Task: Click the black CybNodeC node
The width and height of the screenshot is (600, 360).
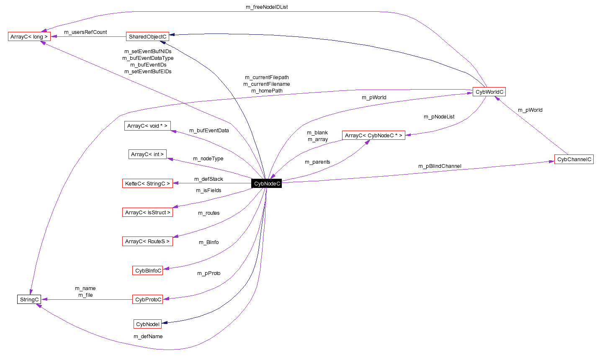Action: [267, 183]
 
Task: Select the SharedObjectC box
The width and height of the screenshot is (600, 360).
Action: [147, 36]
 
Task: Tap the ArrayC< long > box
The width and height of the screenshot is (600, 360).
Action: [29, 36]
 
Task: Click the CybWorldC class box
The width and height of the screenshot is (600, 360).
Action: [489, 92]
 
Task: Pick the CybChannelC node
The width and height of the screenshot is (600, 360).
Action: [574, 159]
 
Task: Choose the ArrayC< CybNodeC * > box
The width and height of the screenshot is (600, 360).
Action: [373, 135]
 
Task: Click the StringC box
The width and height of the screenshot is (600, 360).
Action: [29, 299]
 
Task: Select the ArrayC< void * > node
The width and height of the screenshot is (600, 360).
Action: [147, 126]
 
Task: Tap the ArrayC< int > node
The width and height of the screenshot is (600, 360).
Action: [147, 154]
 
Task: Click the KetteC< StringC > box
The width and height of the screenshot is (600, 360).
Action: [147, 183]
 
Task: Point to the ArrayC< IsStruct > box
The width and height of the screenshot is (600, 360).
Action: [147, 212]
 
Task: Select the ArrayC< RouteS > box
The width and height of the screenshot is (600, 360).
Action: [147, 241]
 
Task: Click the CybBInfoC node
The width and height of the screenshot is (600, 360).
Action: [148, 270]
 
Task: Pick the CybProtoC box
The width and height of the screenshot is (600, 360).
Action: [148, 299]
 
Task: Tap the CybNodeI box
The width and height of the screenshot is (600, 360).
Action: [147, 324]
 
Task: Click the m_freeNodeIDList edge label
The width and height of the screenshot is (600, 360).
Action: [267, 7]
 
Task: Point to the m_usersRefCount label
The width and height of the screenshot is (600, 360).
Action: [85, 32]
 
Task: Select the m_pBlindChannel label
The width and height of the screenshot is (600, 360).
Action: [440, 166]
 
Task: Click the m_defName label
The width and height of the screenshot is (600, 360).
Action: [148, 337]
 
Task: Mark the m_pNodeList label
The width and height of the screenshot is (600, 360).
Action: [439, 117]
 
